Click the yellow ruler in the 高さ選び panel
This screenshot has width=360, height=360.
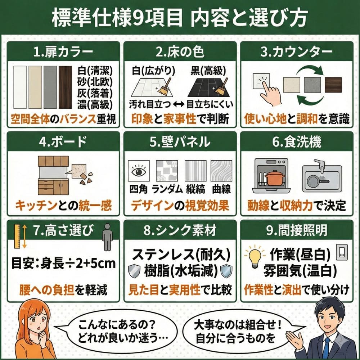click(x=17, y=236)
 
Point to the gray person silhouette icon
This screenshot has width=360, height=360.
click(x=107, y=237)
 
